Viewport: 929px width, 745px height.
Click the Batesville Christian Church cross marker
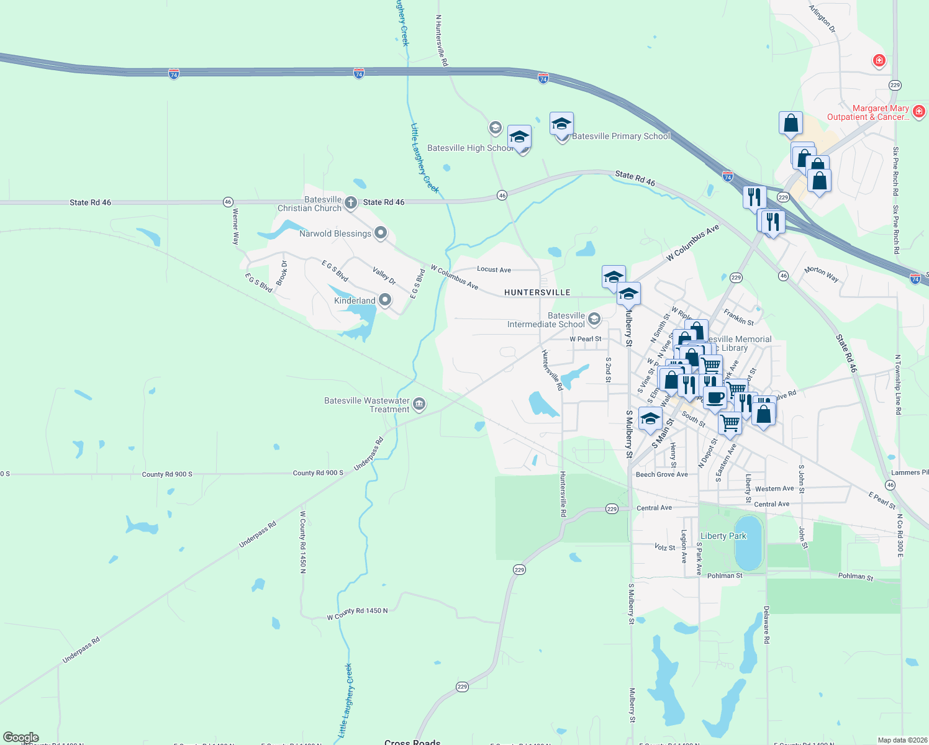(x=350, y=202)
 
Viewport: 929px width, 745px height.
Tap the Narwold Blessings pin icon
(x=381, y=233)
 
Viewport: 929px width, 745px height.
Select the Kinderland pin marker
(x=385, y=300)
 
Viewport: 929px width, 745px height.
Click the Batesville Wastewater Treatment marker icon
(x=419, y=405)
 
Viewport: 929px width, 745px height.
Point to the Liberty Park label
(x=723, y=536)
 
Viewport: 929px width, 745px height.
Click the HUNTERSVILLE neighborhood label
(x=537, y=292)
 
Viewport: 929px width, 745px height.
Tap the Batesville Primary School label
(x=621, y=137)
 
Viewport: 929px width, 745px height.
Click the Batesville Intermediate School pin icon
(x=594, y=319)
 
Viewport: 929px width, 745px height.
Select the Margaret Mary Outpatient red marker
(x=919, y=112)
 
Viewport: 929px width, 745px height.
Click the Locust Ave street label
(x=494, y=269)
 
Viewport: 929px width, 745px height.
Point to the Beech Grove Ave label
(x=662, y=474)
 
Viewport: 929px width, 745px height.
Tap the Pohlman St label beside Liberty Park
(x=725, y=576)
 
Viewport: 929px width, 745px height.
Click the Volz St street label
(x=664, y=548)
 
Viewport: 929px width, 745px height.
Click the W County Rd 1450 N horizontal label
(x=358, y=613)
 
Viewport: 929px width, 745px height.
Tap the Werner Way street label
(x=235, y=226)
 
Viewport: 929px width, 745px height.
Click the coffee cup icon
(x=715, y=397)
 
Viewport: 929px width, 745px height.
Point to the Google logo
(x=20, y=738)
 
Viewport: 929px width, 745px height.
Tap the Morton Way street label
(x=821, y=274)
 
